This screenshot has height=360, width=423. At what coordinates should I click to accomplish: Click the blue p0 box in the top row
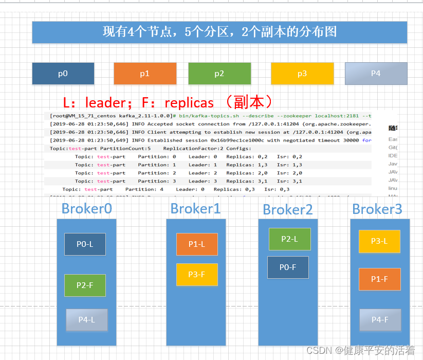(x=63, y=74)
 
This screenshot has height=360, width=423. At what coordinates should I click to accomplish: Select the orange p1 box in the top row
(x=144, y=74)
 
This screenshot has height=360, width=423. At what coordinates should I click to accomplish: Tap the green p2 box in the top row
(x=219, y=74)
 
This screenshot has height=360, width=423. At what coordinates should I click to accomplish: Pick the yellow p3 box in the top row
(x=302, y=74)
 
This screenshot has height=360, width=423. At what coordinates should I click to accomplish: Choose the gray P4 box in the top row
(x=376, y=74)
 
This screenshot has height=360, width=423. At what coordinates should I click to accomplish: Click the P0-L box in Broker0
(x=85, y=244)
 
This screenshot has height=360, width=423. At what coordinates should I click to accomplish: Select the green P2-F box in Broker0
(x=85, y=285)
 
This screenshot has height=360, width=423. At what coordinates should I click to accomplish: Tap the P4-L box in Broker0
(x=86, y=320)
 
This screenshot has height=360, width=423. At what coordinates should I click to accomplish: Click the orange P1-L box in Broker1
(x=197, y=244)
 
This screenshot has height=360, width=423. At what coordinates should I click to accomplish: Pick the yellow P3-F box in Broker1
(x=197, y=275)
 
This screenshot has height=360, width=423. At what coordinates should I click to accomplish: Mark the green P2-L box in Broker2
(x=289, y=239)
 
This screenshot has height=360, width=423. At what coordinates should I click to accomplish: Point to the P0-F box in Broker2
(x=288, y=267)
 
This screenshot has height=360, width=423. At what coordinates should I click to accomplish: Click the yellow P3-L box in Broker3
(x=379, y=241)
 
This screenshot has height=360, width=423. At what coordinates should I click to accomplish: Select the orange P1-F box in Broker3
(x=379, y=279)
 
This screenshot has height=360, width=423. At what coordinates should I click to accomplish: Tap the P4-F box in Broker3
(x=380, y=320)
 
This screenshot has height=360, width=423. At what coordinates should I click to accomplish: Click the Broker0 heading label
(x=86, y=208)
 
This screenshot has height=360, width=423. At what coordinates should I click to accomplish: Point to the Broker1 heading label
(x=195, y=208)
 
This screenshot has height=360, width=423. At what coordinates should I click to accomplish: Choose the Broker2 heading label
(x=288, y=210)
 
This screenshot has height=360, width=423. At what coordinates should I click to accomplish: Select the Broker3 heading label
(x=377, y=209)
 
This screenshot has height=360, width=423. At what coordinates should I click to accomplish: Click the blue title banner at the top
(x=219, y=32)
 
